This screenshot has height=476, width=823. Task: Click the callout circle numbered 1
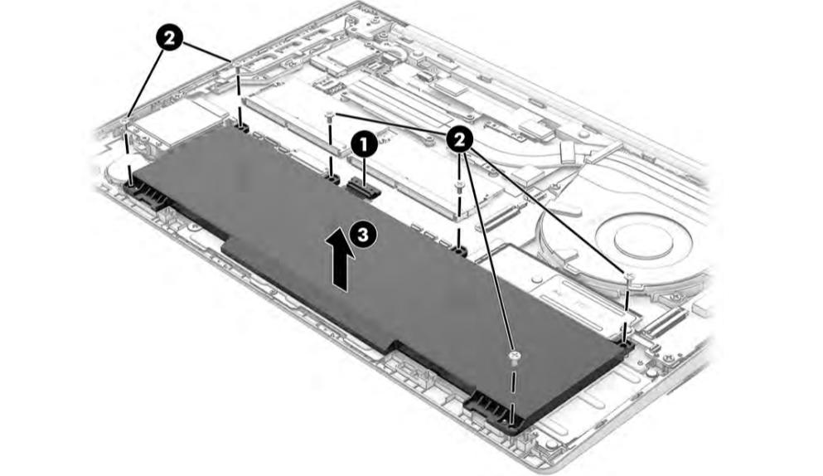(x=365, y=144)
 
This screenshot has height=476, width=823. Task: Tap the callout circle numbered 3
(x=363, y=234)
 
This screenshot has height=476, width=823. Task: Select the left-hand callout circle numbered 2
(x=169, y=38)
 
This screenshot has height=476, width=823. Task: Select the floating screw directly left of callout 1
(x=330, y=115)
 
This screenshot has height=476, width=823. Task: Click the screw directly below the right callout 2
(x=459, y=186)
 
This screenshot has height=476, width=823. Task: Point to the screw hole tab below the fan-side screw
(x=625, y=343)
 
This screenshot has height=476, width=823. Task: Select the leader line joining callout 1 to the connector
(x=365, y=168)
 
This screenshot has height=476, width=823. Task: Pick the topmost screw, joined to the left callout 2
(x=237, y=64)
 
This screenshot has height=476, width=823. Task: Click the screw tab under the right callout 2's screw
(x=459, y=251)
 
